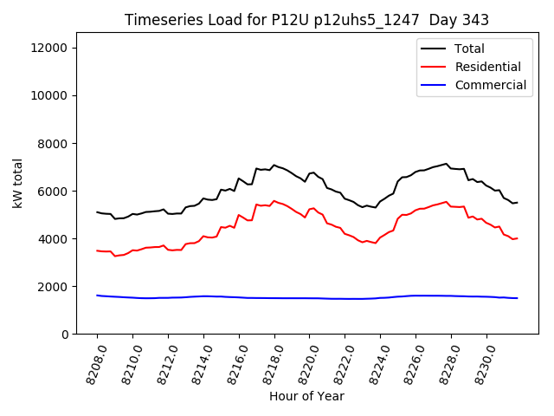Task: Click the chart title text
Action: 306,20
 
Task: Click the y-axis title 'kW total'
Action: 18,183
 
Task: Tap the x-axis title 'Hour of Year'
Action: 306,396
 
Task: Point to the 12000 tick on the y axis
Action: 49,48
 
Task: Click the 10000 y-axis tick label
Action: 49,95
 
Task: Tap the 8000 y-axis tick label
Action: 53,143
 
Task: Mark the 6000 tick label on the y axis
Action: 53,191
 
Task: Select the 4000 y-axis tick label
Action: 53,238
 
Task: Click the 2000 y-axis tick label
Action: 53,286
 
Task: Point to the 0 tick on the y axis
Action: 64,334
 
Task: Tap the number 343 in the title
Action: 476,20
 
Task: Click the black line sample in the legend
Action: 433,49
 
